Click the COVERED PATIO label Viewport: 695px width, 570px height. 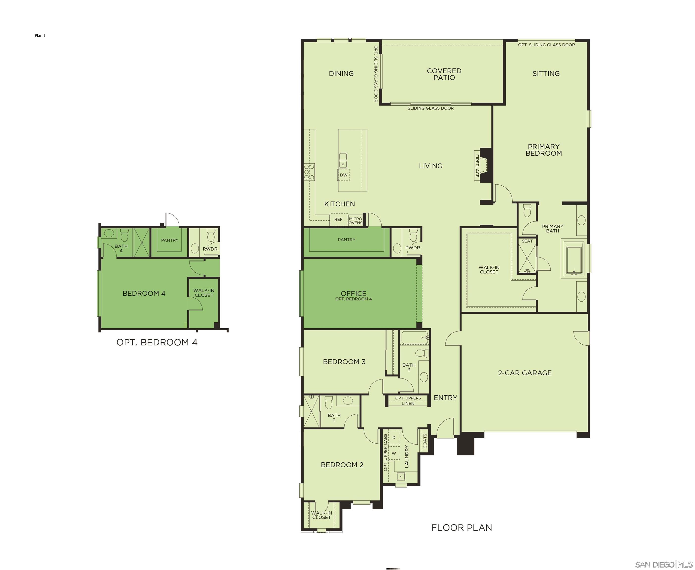point(444,74)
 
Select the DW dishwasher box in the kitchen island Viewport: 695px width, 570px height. point(344,175)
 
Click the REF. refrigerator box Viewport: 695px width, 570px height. point(339,219)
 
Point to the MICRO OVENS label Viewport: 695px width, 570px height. point(355,221)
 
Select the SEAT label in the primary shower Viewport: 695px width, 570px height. point(527,241)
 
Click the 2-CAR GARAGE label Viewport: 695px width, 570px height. point(525,373)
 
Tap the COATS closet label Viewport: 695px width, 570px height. point(425,441)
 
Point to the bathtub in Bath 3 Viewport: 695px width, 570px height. point(415,337)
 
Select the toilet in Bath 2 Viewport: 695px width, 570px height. point(329,402)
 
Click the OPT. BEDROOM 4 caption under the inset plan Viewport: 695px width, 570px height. point(157,342)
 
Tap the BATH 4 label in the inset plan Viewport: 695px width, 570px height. point(121,248)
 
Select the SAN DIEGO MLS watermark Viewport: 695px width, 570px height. point(664,564)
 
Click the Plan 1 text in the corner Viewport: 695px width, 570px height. point(40,35)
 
